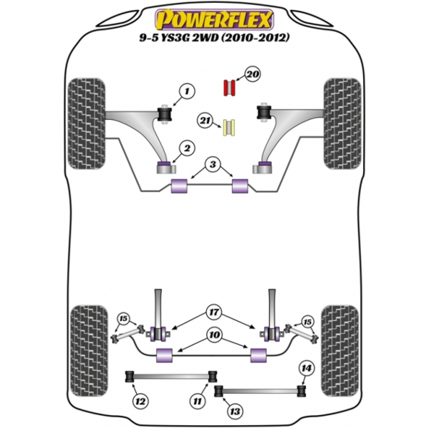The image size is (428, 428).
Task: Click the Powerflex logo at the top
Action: (x=213, y=15)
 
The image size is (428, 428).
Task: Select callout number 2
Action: (x=188, y=148)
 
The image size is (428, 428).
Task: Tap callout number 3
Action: (x=211, y=166)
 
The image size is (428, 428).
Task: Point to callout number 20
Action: (x=251, y=73)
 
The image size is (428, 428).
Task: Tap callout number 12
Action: (x=141, y=401)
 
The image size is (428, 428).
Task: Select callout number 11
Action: (x=196, y=401)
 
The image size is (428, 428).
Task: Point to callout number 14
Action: (x=306, y=368)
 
